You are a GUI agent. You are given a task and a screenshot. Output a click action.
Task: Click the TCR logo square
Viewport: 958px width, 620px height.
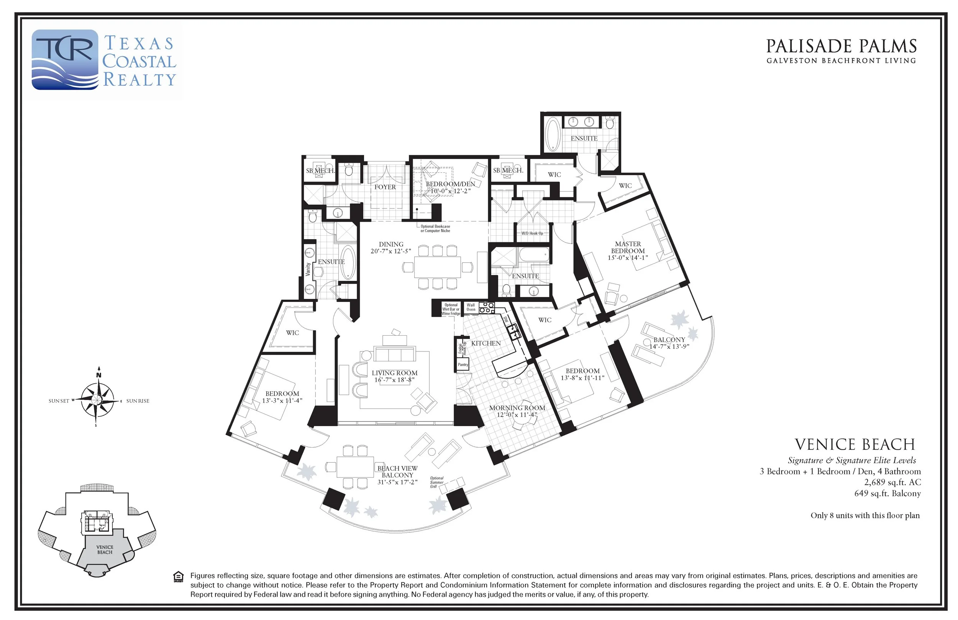[65, 59]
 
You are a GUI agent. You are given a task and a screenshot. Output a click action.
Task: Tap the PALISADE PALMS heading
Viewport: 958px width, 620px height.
[841, 46]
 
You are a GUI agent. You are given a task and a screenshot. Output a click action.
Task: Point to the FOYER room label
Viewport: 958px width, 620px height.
[385, 187]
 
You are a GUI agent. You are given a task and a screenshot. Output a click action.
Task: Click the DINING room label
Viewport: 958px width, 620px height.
[391, 244]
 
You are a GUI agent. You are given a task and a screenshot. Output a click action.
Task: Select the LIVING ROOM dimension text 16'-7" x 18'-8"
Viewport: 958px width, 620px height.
[394, 380]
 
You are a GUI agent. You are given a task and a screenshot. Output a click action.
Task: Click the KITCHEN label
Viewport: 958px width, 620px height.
[486, 343]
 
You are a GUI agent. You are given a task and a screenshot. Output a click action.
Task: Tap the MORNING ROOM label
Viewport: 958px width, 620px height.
[517, 408]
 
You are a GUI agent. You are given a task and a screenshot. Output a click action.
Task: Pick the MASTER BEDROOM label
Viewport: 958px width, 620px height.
[628, 247]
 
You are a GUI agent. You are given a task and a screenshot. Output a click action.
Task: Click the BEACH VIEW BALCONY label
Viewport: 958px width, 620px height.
[397, 471]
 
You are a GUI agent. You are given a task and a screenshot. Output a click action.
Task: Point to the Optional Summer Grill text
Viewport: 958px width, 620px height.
[437, 482]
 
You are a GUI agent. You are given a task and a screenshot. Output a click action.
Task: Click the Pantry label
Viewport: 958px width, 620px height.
[463, 365]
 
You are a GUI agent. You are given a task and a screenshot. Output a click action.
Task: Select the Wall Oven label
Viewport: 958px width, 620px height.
[471, 307]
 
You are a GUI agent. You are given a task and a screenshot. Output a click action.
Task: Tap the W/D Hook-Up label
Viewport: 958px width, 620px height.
[532, 233]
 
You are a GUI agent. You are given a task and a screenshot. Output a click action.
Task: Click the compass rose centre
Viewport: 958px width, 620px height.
[97, 399]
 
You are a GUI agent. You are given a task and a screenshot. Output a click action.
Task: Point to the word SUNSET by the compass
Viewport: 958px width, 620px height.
[59, 401]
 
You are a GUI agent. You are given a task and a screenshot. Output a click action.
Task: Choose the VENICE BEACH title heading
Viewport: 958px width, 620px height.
[855, 444]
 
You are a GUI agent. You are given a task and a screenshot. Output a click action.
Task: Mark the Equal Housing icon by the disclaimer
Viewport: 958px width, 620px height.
[179, 577]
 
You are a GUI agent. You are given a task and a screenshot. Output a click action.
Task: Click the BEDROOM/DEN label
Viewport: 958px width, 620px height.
[450, 184]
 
